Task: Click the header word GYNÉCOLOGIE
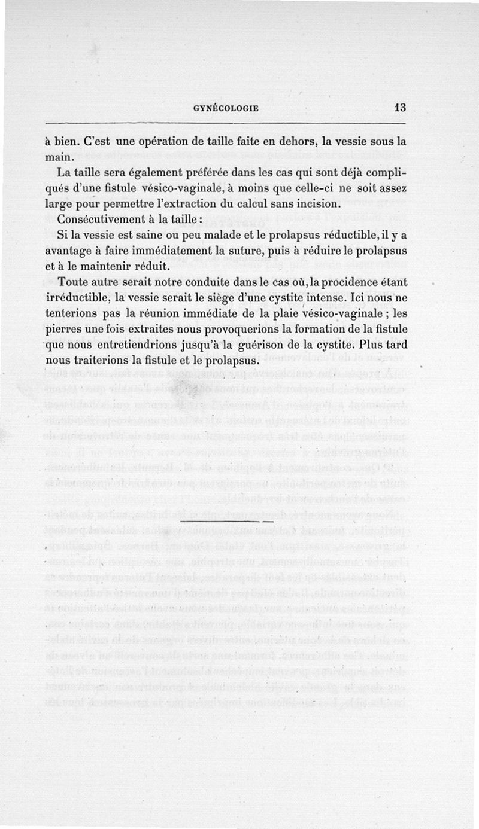226,108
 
